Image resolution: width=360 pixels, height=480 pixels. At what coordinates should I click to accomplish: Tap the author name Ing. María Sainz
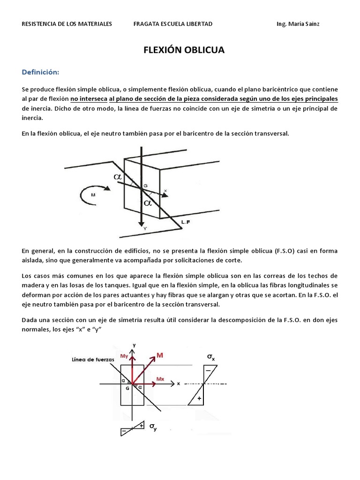(x=298, y=24)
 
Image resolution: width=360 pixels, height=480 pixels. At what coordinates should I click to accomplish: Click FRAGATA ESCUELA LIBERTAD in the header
(x=173, y=24)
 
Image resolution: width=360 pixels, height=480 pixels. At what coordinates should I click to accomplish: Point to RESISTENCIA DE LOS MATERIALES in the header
(x=67, y=24)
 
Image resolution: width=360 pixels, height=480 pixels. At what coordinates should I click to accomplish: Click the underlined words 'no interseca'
(x=88, y=99)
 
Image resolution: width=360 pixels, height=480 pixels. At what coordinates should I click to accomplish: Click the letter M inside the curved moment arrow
(x=93, y=195)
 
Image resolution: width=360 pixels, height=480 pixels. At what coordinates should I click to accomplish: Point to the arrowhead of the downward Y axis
(x=140, y=224)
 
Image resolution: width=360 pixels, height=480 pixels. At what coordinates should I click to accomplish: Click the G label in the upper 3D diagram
(x=145, y=186)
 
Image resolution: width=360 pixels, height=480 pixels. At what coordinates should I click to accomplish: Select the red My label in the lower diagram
(x=124, y=356)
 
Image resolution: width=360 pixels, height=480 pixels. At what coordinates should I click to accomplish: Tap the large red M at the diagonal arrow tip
(x=160, y=356)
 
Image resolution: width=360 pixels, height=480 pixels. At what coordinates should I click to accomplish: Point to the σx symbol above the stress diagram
(x=211, y=357)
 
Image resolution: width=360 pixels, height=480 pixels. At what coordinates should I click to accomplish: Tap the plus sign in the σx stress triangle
(x=200, y=398)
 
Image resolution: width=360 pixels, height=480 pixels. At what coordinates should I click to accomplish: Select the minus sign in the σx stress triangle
(x=208, y=370)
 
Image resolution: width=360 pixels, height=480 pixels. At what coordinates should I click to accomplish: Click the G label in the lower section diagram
(x=127, y=389)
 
